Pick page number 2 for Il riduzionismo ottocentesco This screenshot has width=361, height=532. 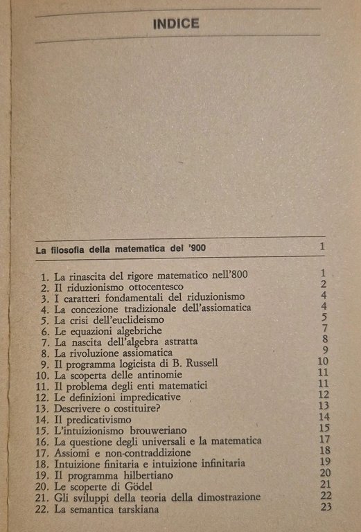tap(323, 284)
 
